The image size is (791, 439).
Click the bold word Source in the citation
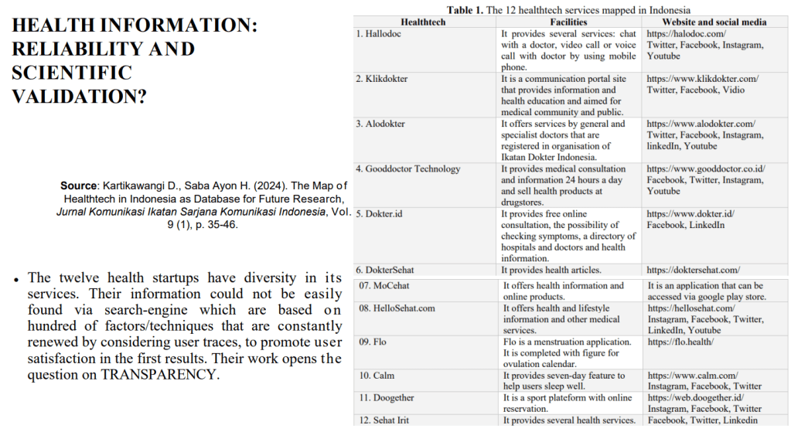77,186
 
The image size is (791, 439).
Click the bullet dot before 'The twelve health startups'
15,277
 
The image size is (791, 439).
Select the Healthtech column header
423,22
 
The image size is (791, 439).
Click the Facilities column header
568,22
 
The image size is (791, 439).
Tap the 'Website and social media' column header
716,22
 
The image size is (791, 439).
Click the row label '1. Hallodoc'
379,34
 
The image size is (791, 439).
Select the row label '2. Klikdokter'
382,79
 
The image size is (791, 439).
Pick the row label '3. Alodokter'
380,124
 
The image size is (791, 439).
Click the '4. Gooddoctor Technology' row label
408,168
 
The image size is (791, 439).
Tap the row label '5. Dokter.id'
380,213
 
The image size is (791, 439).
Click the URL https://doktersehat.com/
694,270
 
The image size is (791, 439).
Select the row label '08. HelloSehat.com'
397,308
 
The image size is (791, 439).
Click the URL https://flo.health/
680,342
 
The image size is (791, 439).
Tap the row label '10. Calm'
377,376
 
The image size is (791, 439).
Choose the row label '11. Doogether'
387,397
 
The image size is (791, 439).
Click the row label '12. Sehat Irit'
384,420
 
